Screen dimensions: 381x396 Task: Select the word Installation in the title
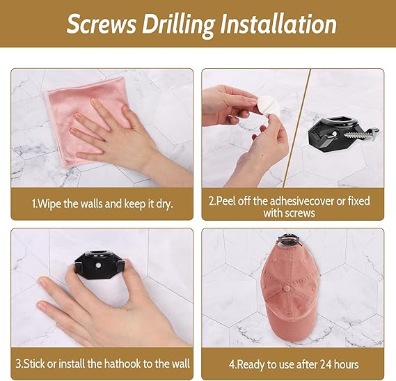click(278, 24)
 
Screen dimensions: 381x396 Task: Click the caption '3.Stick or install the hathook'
click(102, 363)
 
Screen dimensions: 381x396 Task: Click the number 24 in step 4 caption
click(317, 363)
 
